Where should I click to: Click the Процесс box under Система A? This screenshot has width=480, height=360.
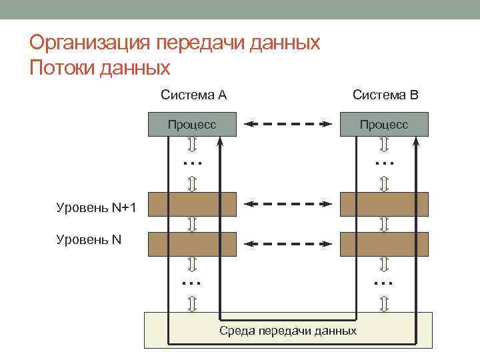coord(192,125)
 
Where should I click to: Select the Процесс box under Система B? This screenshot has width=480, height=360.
coord(384,125)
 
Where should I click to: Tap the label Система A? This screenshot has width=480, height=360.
coord(193,95)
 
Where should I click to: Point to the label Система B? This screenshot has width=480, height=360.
coord(385,95)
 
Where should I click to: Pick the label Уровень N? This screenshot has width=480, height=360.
coord(89,239)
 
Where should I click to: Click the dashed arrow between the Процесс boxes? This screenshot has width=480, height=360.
coord(288,123)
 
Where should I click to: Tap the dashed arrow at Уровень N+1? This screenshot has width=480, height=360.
coord(288,203)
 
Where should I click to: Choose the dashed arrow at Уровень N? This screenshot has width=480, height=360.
coord(288,243)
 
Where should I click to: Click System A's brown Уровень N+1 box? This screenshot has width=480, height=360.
coord(192,204)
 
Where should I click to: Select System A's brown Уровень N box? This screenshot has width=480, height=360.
coord(192,243)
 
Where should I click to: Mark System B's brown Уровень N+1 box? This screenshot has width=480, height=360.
coord(384,204)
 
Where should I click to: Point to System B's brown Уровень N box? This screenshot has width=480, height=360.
coord(384,243)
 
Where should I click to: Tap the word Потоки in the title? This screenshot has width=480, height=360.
coord(64,68)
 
